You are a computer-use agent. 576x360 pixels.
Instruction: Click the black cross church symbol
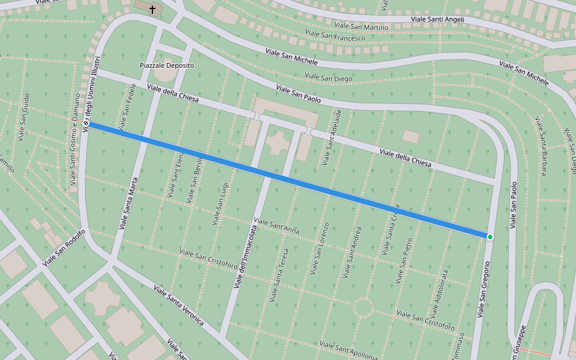[x=152, y=9]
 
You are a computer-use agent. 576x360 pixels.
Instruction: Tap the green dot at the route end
[x=490, y=237]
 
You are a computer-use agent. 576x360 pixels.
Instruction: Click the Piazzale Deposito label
[x=167, y=65]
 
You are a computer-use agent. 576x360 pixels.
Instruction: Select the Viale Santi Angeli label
[x=437, y=20]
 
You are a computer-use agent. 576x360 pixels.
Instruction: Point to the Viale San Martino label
[x=361, y=26]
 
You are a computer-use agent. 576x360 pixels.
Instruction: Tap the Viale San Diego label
[x=328, y=77]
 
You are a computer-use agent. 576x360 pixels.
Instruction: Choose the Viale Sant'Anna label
[x=277, y=226]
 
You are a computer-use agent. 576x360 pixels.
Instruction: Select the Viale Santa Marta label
[x=128, y=203]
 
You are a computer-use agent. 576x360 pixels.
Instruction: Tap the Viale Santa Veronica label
[x=179, y=306]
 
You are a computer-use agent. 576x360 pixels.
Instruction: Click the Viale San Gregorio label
[x=484, y=289]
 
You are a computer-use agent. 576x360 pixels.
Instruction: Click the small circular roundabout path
[x=364, y=308]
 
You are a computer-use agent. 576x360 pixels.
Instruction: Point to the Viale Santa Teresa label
[x=280, y=275]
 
